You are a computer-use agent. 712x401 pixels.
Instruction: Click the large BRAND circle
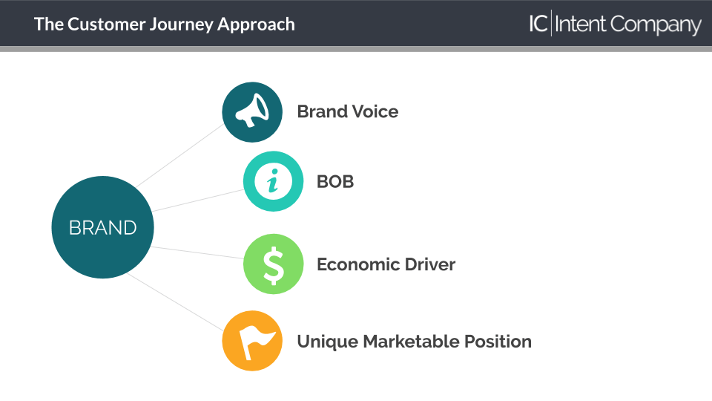pyautogui.click(x=102, y=227)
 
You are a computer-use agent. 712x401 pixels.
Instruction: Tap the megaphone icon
pyautogui.click(x=252, y=112)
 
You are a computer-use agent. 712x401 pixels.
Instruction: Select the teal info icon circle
pyautogui.click(x=274, y=181)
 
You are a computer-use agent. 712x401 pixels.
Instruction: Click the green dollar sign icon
pyautogui.click(x=274, y=264)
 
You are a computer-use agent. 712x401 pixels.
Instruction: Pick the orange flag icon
pyautogui.click(x=252, y=341)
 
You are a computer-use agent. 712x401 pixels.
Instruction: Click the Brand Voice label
pyautogui.click(x=348, y=111)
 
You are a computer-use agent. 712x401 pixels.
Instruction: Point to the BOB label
pyautogui.click(x=335, y=181)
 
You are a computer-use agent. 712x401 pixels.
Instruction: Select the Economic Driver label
pyautogui.click(x=386, y=264)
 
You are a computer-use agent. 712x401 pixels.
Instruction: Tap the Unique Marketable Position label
pyautogui.click(x=414, y=342)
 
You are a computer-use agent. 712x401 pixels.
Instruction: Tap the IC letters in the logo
pyautogui.click(x=538, y=24)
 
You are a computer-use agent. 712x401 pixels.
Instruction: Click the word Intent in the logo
pyautogui.click(x=580, y=24)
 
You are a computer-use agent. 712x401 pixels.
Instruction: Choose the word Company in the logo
pyautogui.click(x=656, y=25)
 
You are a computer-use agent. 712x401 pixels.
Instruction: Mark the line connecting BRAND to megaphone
pyautogui.click(x=179, y=156)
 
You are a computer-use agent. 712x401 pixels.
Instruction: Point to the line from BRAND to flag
pyautogui.click(x=175, y=302)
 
